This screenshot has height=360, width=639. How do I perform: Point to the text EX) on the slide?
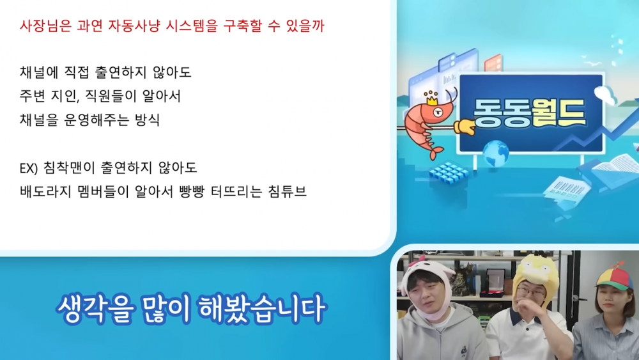pyautogui.click(x=29, y=168)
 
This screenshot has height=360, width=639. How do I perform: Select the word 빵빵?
pyautogui.click(x=192, y=191)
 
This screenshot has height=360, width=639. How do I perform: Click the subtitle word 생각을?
pyautogui.click(x=95, y=309)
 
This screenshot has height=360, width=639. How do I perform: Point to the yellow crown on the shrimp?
pyautogui.click(x=431, y=98)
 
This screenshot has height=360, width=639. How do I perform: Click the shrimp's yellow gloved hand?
pyautogui.click(x=465, y=127)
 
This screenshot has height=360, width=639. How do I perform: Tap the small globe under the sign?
pyautogui.click(x=496, y=152)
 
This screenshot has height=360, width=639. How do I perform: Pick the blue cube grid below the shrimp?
pyautogui.click(x=449, y=173)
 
